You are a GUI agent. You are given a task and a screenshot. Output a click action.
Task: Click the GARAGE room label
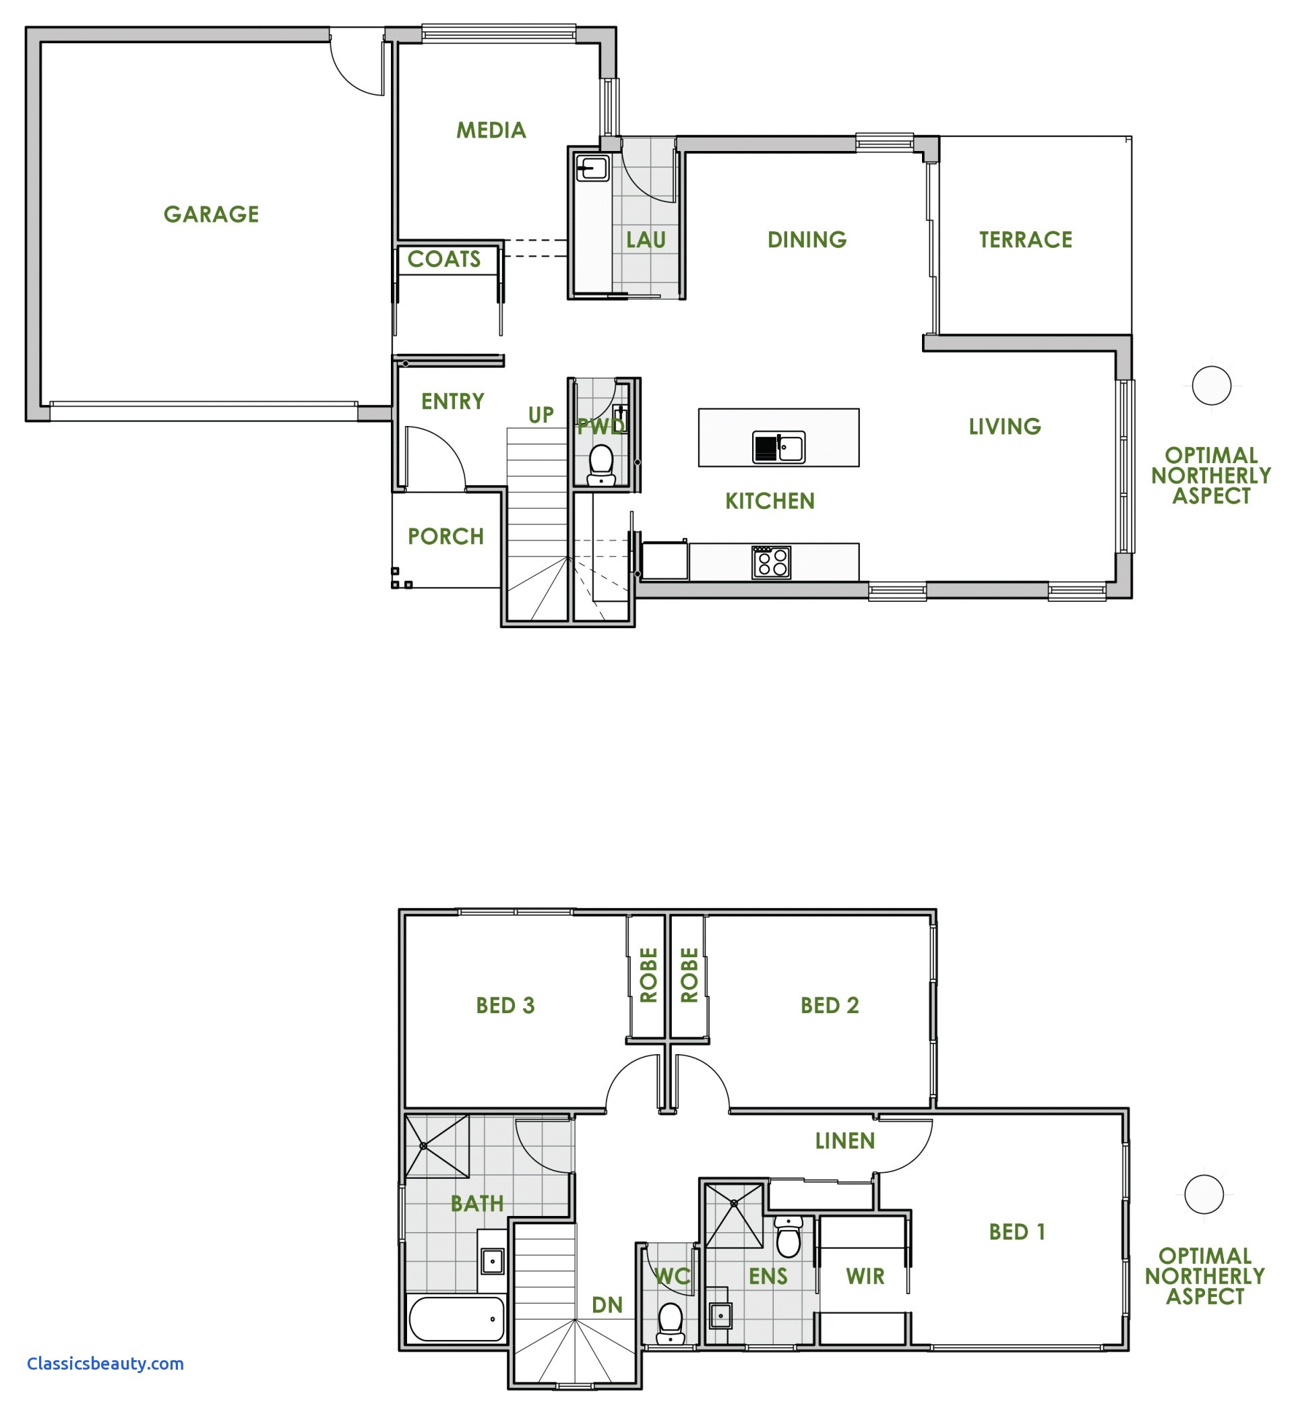click(211, 214)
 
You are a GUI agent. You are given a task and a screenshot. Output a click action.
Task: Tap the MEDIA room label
click(491, 130)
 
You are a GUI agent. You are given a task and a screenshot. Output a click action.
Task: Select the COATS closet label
click(444, 259)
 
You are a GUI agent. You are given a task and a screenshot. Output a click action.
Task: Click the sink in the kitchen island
click(778, 447)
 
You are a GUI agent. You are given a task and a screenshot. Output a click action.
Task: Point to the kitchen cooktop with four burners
click(771, 562)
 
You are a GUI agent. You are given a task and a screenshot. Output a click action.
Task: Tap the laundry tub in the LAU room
click(592, 168)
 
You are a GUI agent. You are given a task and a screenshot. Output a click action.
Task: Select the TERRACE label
click(1025, 240)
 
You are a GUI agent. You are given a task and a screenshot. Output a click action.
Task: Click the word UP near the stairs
click(541, 415)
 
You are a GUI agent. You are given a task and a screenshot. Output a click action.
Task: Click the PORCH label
click(446, 537)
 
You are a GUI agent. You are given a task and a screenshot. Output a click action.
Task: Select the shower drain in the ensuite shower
click(734, 1203)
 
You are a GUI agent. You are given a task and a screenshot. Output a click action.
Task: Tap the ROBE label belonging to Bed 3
click(648, 975)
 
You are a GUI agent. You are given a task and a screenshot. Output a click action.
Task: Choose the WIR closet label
click(865, 1276)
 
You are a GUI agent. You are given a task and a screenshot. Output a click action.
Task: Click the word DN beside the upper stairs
click(607, 1305)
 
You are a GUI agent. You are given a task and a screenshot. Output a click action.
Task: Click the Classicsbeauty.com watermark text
click(105, 1364)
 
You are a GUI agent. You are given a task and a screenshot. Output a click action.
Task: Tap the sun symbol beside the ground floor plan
click(1211, 385)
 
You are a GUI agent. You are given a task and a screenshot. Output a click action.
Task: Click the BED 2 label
click(829, 1006)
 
